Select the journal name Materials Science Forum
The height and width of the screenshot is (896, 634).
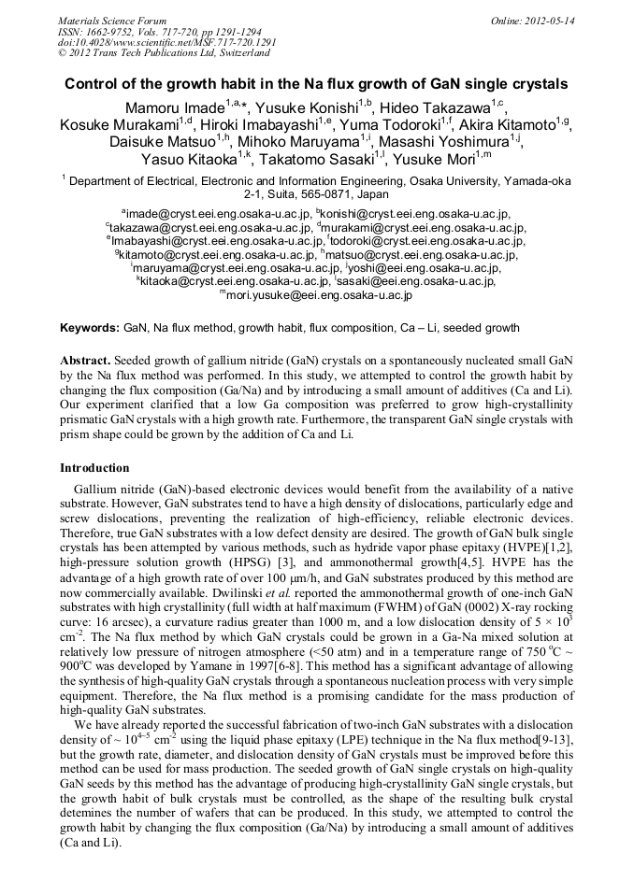[112, 21]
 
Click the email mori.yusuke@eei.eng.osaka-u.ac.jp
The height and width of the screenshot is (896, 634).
[320, 294]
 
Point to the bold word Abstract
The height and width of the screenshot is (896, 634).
[87, 361]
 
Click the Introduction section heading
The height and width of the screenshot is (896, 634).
[94, 467]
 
